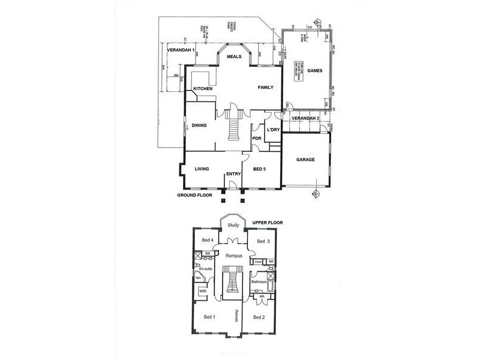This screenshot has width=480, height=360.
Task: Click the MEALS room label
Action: pos(234,56)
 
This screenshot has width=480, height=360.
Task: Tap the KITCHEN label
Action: pos(203,89)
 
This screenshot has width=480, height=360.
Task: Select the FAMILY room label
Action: pos(266,88)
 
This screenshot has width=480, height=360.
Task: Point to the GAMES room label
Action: pos(315,71)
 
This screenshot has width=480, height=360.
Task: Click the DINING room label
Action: pos(199,126)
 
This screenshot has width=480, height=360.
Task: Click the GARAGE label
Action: pos(307,160)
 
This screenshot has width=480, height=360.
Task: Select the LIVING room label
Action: pos(201,169)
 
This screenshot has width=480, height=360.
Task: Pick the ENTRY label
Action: pos(233,175)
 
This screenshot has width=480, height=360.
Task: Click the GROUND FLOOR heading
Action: pos(196,196)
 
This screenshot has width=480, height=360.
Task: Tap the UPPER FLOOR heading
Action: pos(267,223)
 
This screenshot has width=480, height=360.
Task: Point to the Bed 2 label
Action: pos(259,316)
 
